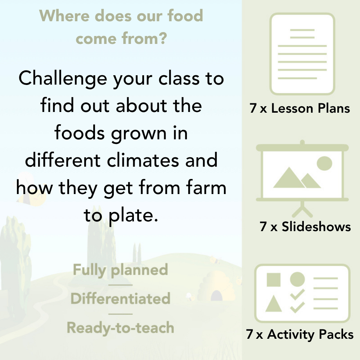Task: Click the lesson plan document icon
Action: [302, 54]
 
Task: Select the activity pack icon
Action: [302, 293]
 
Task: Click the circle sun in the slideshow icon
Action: [324, 163]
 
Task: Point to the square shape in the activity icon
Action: [274, 279]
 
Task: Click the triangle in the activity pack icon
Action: [274, 303]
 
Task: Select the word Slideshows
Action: [316, 226]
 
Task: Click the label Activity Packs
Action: [310, 334]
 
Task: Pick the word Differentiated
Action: [120, 298]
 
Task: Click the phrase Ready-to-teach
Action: [120, 328]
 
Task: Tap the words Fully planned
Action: [120, 270]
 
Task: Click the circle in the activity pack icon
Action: [297, 279]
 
